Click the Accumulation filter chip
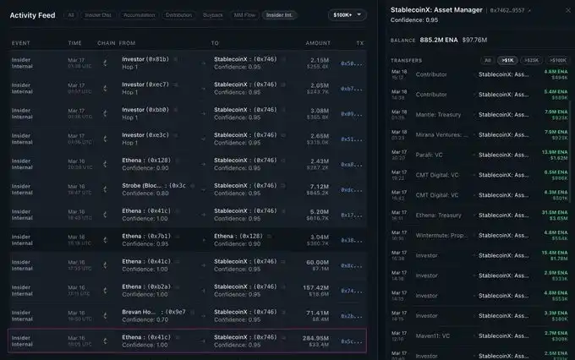point(139,15)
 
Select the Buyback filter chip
point(214,15)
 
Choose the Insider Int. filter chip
point(280,15)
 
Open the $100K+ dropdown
point(348,15)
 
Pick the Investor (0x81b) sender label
point(145,59)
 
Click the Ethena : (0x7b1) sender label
point(147,236)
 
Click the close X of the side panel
point(567,9)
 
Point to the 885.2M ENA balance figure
point(438,39)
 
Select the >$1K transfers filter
point(507,60)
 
